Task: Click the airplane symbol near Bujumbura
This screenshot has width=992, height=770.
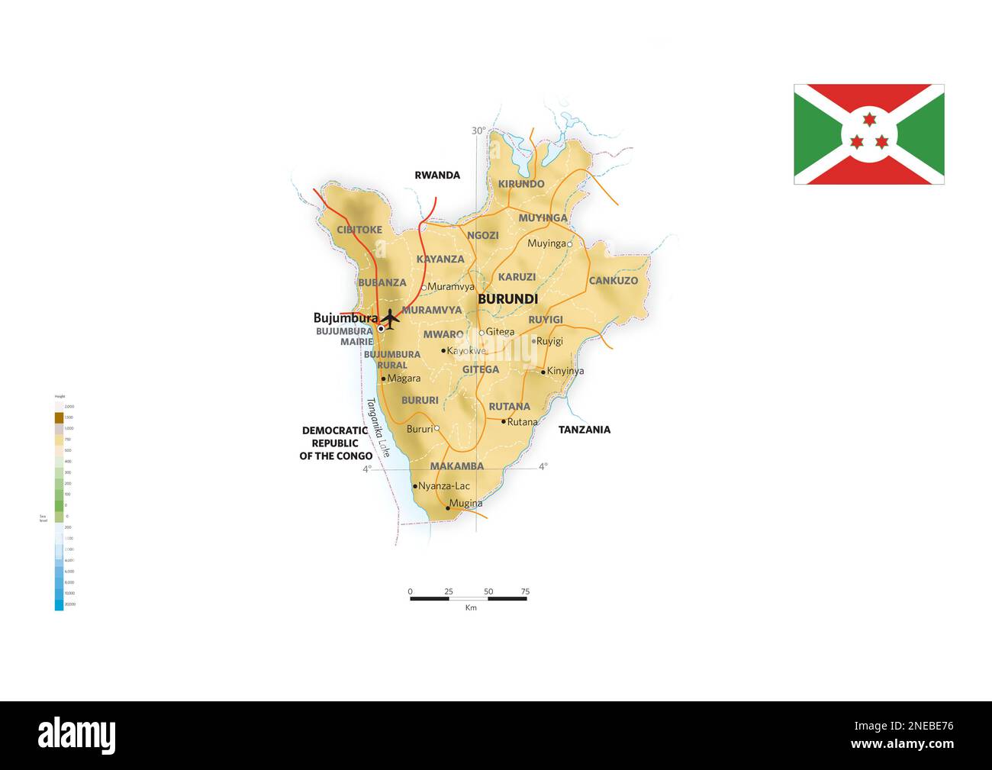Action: [x=390, y=318]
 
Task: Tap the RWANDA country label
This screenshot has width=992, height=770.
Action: [x=437, y=176]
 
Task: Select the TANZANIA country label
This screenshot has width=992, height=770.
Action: [x=584, y=430]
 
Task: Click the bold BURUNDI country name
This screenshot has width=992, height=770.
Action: [x=507, y=299]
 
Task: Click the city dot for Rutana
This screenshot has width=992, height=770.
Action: [x=504, y=421]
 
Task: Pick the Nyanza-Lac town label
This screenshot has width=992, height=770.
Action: [x=444, y=486]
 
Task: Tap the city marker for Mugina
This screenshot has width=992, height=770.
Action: [x=448, y=507]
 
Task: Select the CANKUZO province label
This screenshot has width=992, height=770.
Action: [x=613, y=281]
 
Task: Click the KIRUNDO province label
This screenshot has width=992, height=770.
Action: [x=521, y=184]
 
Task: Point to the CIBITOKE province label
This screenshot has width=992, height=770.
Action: [x=359, y=230]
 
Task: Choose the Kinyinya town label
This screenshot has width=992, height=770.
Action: [x=565, y=372]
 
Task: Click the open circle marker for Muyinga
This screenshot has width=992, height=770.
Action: [x=569, y=244]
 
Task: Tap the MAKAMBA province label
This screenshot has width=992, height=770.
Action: [x=456, y=466]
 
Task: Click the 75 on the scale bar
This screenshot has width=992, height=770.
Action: [x=524, y=591]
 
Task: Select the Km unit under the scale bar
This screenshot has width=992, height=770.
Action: [x=471, y=608]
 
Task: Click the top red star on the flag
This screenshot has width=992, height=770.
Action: [x=868, y=118]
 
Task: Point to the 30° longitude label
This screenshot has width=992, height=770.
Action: [x=478, y=131]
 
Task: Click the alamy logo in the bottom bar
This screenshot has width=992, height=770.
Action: [x=77, y=735]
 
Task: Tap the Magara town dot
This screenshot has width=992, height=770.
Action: [x=383, y=379]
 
